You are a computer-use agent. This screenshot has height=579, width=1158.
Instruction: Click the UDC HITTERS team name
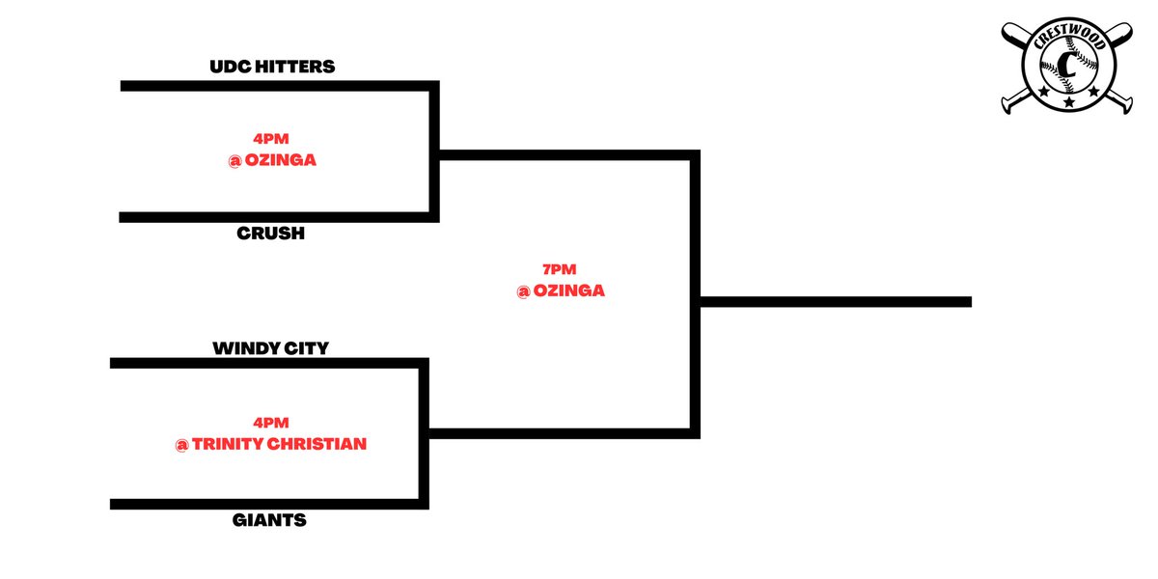tap(272, 67)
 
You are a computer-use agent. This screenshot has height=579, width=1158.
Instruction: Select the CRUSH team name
tap(271, 234)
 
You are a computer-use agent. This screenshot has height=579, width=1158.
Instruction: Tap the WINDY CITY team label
tap(271, 348)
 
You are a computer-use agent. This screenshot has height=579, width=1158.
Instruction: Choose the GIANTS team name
tap(269, 520)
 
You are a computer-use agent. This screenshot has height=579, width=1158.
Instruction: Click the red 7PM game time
tap(560, 269)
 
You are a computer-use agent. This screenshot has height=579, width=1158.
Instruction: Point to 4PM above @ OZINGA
tap(271, 139)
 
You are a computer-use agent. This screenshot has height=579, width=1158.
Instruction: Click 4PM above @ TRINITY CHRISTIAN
tap(271, 423)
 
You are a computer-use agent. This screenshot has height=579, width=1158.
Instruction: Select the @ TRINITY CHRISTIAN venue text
tap(271, 444)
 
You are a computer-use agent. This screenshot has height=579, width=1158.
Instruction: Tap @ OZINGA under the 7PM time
tap(561, 291)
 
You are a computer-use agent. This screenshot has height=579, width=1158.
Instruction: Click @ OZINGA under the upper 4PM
tap(272, 160)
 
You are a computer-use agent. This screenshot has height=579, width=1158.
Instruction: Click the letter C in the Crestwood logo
tap(1066, 65)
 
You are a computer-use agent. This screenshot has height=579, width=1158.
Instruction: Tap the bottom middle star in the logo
tap(1069, 102)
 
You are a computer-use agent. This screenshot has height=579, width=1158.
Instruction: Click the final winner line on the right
tap(836, 302)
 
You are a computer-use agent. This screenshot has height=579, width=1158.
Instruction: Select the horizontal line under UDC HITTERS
tap(280, 86)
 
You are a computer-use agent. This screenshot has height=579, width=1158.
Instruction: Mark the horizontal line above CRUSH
tap(279, 217)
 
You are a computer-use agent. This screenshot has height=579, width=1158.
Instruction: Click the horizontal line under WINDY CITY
tap(269, 364)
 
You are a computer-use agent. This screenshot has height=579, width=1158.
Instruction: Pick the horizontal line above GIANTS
tap(269, 504)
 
